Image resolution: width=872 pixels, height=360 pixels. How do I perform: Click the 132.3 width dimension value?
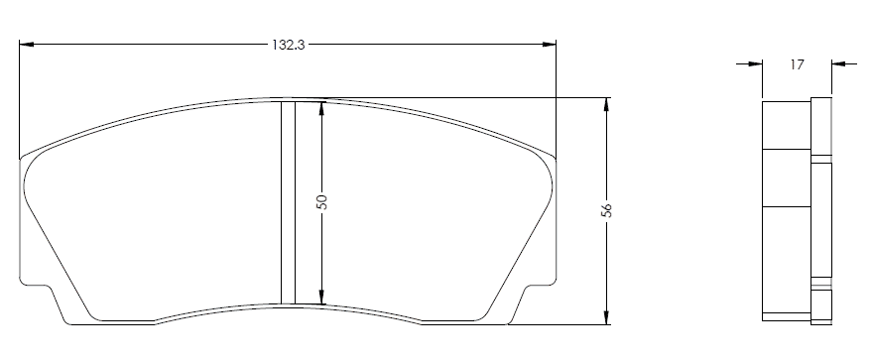pyautogui.click(x=289, y=45)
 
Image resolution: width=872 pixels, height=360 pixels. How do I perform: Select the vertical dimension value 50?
pyautogui.click(x=321, y=201)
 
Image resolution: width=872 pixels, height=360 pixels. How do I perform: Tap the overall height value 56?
pyautogui.click(x=607, y=210)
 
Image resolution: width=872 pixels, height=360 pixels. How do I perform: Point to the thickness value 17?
pyautogui.click(x=797, y=64)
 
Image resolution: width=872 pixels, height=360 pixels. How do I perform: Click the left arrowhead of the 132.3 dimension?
pyautogui.click(x=27, y=45)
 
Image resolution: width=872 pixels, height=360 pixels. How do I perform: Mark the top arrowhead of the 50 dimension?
pyautogui.click(x=321, y=108)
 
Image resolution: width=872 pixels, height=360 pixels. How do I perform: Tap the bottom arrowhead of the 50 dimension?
pyautogui.click(x=321, y=297)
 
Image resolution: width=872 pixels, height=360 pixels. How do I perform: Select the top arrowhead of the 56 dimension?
pyautogui.click(x=606, y=104)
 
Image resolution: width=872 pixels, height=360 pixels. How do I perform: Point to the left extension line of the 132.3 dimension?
pyautogui.click(x=20, y=99)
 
